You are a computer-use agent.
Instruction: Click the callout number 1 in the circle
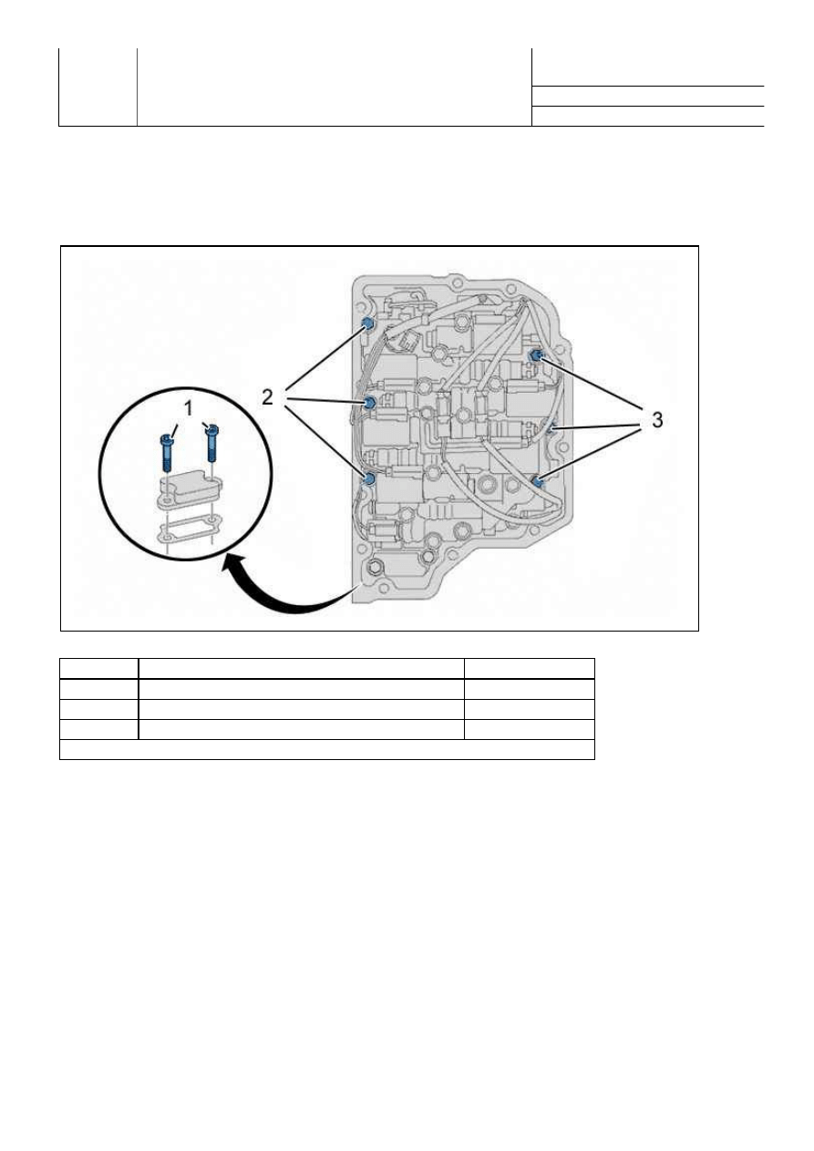(189, 409)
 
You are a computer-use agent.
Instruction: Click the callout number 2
(267, 397)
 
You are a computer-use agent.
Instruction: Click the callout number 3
(657, 420)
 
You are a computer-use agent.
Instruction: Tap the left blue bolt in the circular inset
(167, 452)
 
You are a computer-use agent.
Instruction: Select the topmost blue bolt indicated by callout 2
(368, 324)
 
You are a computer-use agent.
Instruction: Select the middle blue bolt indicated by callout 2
(369, 403)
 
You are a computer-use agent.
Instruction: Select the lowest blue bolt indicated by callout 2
(369, 478)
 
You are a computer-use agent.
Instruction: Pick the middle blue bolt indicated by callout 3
(551, 428)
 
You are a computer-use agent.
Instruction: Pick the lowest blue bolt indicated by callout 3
(538, 481)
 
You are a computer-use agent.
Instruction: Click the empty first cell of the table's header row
(98, 669)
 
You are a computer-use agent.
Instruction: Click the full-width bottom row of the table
(327, 749)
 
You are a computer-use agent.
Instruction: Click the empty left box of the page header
(98, 87)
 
